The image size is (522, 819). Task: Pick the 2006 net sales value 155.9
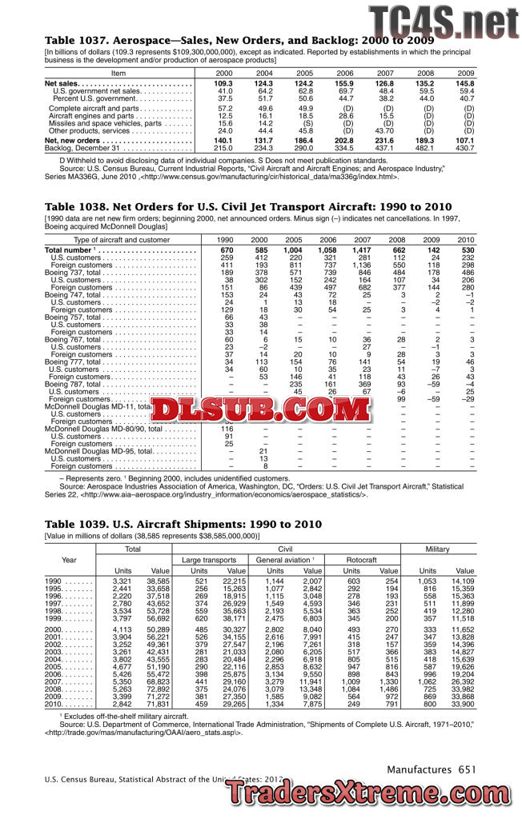pos(343,83)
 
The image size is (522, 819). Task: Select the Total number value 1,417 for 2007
pos(362,250)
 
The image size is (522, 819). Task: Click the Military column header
pos(438,549)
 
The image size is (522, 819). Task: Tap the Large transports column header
pos(209,560)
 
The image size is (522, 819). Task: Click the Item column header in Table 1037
pos(118,73)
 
